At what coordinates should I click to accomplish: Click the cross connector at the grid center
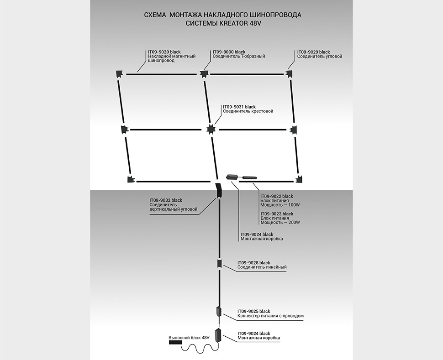(210, 130)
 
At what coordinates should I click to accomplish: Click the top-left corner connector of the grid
(119, 73)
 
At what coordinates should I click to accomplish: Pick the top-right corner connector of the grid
(290, 73)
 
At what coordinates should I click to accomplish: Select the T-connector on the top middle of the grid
(203, 73)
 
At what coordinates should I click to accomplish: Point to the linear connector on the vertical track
(219, 264)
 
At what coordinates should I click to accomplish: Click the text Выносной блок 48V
(189, 338)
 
